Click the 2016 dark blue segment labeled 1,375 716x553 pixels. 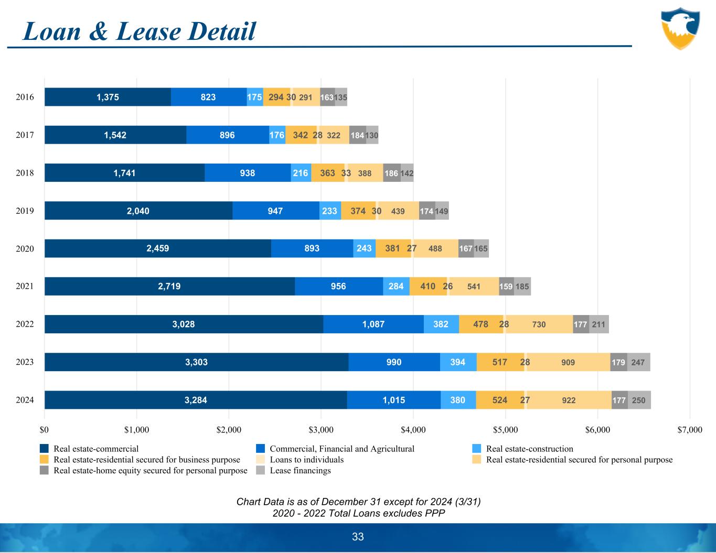108,97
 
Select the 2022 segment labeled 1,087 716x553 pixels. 373,324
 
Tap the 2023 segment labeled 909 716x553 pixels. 568,362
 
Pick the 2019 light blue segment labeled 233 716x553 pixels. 330,211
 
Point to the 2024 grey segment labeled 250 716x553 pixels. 639,400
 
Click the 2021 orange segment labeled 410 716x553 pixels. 428,287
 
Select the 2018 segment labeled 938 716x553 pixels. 248,173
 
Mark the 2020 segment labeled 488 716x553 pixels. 435,249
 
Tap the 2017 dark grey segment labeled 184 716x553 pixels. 357,135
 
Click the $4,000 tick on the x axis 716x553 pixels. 413,430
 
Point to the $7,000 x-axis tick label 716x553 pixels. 690,430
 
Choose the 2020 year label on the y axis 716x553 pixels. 25,249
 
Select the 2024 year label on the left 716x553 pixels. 25,400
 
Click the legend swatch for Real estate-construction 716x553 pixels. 476,449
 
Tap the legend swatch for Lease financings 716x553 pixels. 260,471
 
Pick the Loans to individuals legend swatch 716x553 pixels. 260,460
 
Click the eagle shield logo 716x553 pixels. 680,28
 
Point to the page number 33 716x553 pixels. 358,537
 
